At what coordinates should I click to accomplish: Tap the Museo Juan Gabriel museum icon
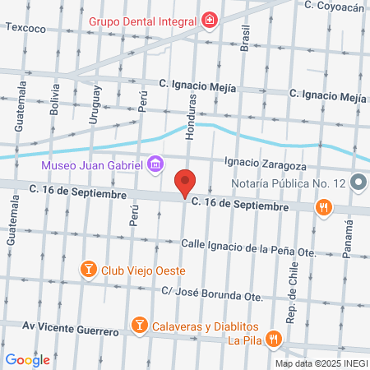155,165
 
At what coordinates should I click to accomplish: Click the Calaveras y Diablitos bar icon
139,326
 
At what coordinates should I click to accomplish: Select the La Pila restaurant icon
275,338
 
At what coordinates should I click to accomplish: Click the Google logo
27,359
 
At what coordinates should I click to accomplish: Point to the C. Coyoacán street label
334,6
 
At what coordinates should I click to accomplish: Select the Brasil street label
244,37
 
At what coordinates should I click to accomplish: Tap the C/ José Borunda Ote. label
211,294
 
